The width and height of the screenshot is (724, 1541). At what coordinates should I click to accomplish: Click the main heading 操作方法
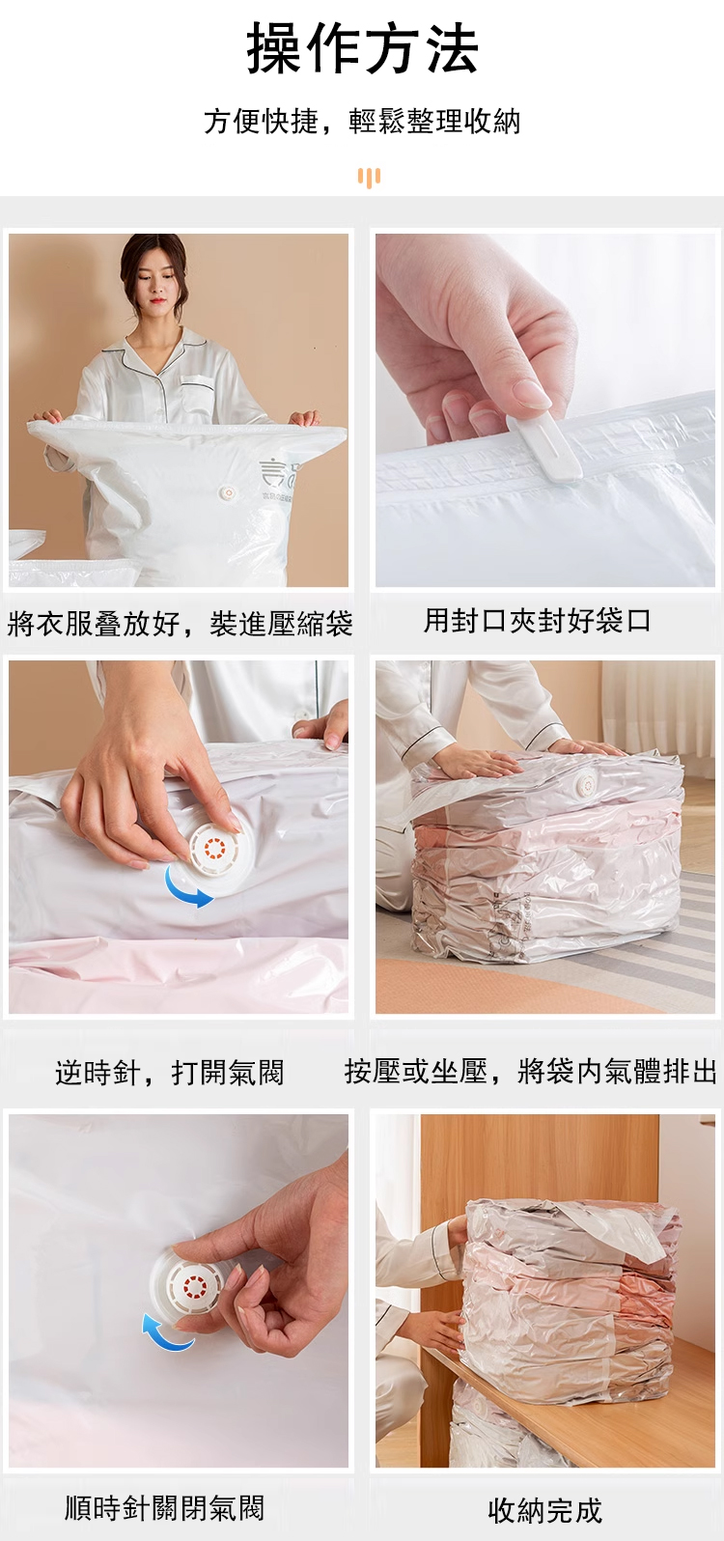point(362,48)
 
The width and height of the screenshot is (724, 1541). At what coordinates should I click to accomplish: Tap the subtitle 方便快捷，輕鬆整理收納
point(362,121)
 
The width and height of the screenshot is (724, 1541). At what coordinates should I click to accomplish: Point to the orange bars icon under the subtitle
point(369,178)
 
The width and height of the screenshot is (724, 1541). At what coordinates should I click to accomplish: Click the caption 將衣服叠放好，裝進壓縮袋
point(181,624)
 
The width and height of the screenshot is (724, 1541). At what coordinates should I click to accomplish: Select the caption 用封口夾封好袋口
point(537,621)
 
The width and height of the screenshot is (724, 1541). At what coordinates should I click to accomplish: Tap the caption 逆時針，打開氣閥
point(169,1072)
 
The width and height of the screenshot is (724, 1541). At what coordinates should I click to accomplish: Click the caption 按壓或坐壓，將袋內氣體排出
point(531,1071)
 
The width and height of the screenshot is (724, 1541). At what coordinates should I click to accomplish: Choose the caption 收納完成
point(545,1510)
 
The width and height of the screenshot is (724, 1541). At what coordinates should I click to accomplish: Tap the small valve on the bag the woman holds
point(226,492)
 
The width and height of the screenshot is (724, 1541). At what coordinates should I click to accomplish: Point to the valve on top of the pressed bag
point(586,783)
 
